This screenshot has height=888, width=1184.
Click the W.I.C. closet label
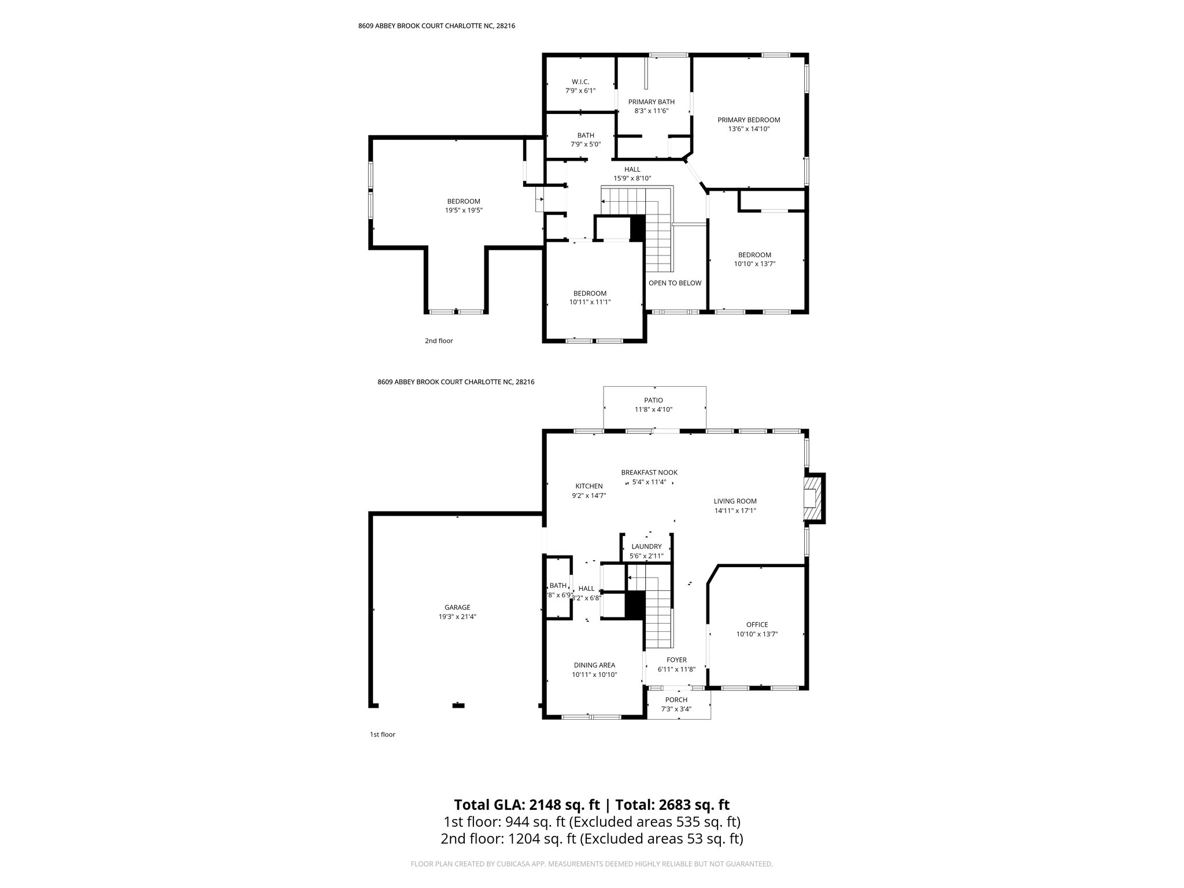click(x=580, y=82)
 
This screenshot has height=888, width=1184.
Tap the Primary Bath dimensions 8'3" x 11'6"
click(x=651, y=111)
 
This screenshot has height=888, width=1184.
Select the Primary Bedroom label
click(x=749, y=120)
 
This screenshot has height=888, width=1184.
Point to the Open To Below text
click(x=675, y=283)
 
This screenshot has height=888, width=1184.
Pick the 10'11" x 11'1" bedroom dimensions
click(x=590, y=302)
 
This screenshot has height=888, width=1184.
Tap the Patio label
click(x=653, y=400)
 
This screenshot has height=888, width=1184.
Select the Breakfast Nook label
click(x=649, y=472)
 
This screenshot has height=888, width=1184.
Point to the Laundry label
click(x=646, y=546)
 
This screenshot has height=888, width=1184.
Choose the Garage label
click(x=457, y=608)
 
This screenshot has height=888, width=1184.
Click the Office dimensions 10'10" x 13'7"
click(x=757, y=634)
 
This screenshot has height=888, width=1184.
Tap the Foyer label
click(x=676, y=660)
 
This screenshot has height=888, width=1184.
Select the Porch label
click(x=676, y=700)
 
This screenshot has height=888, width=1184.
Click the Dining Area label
click(x=594, y=665)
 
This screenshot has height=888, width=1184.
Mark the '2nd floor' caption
click(x=439, y=341)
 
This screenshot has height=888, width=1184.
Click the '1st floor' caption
click(x=382, y=735)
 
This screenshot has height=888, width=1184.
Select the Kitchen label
click(x=589, y=486)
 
